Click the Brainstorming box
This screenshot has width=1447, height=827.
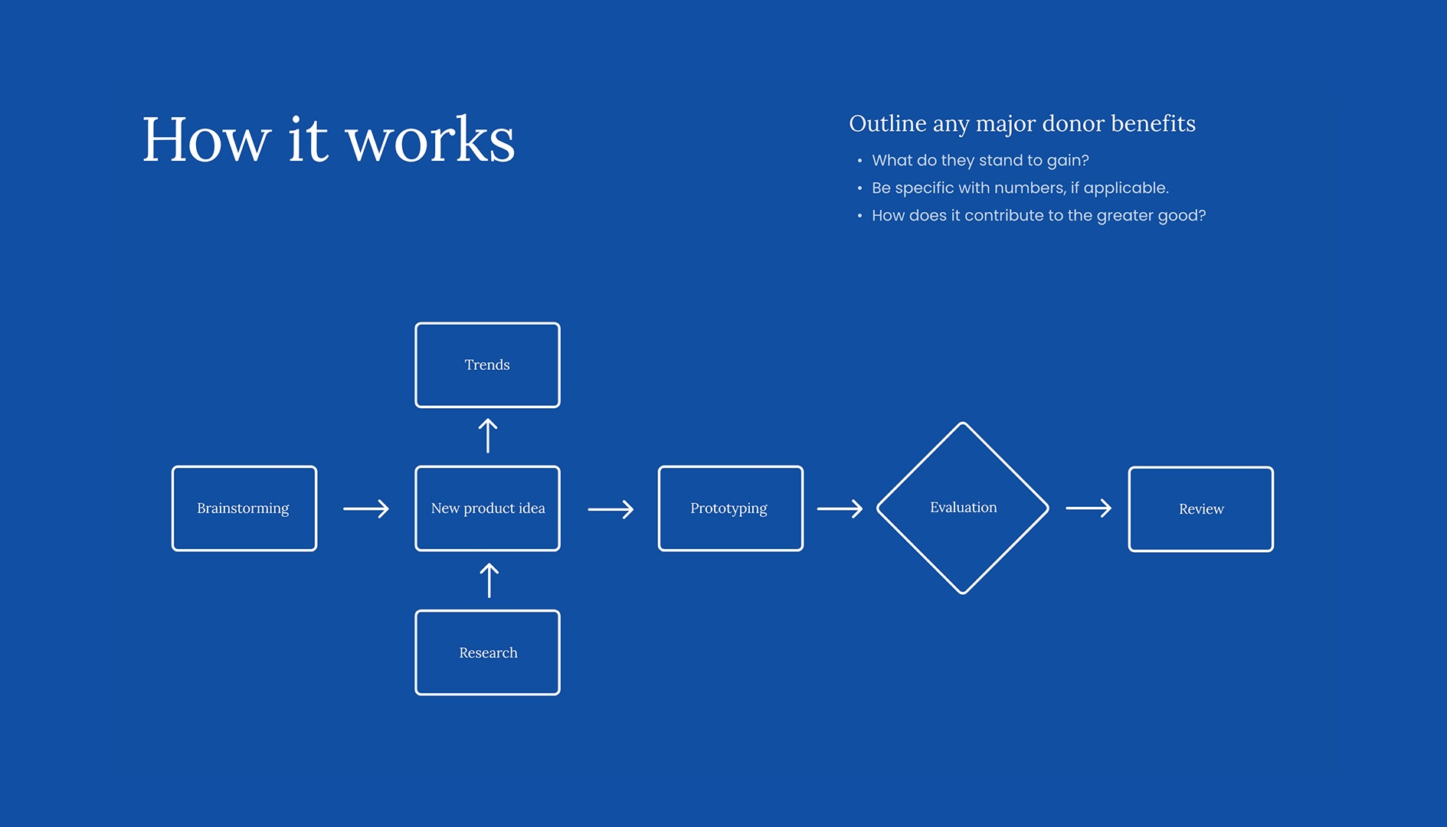click(x=244, y=508)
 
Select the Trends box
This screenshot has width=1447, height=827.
click(x=487, y=365)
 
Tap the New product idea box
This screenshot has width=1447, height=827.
click(x=487, y=508)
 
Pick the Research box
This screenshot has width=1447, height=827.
click(x=487, y=652)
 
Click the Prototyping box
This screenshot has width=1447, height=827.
click(x=730, y=508)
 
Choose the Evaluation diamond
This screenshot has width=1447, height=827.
click(x=963, y=508)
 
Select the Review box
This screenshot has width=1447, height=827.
click(x=1200, y=509)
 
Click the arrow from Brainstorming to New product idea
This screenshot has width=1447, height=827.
click(x=366, y=508)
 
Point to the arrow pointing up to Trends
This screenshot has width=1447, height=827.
click(x=488, y=436)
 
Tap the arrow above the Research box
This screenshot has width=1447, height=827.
click(x=489, y=580)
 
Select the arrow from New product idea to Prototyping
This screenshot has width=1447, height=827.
click(x=611, y=509)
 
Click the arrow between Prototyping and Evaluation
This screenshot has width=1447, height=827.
click(x=840, y=508)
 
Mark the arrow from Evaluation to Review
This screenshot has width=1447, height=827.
click(x=1088, y=508)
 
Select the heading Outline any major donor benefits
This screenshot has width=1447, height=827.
click(x=1022, y=123)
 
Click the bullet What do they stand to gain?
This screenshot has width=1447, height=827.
click(x=980, y=160)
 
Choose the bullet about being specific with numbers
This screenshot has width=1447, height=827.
click(x=1020, y=188)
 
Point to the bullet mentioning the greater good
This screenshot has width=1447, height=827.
click(x=1038, y=215)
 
